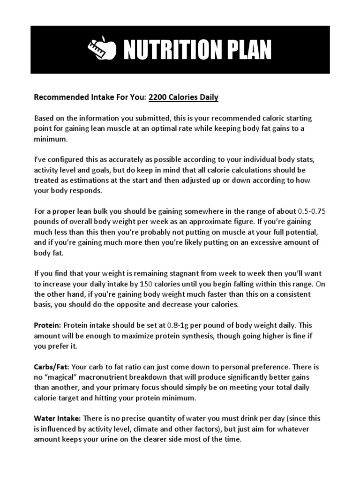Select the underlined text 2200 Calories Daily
point(184,98)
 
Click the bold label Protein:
point(48,325)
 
